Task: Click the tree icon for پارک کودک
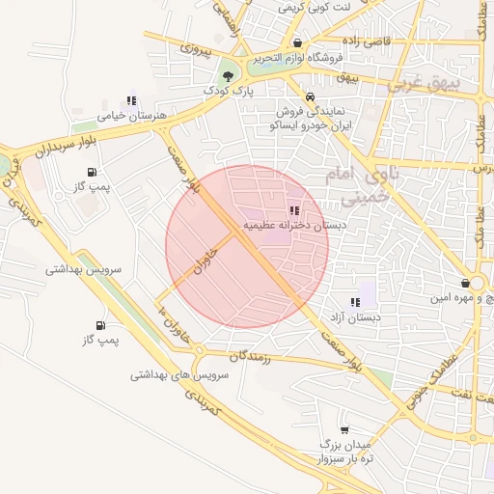tap(228, 74)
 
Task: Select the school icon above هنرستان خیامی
tap(131, 99)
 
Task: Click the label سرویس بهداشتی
tap(83, 270)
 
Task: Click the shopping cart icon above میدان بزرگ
tap(344, 429)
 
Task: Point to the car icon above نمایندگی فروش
tap(310, 96)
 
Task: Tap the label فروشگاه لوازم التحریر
tap(299, 58)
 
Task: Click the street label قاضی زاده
tap(361, 41)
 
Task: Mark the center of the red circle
tap(247, 247)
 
